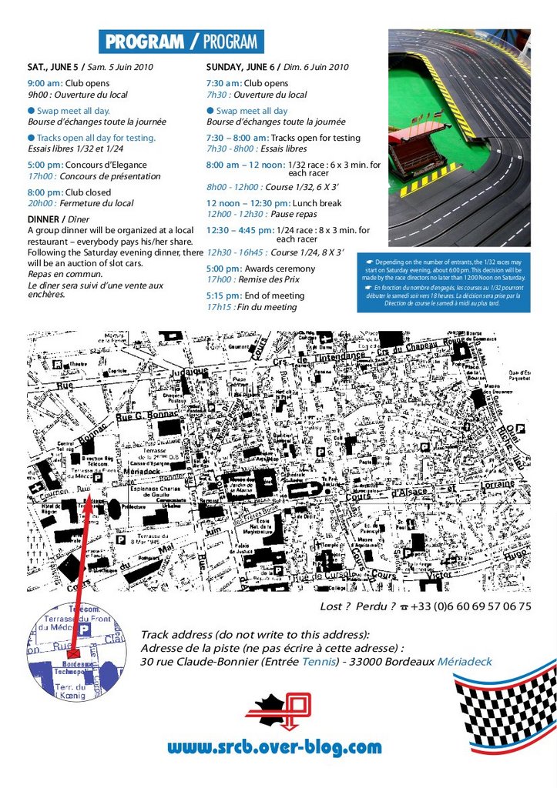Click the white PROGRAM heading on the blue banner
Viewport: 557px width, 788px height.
click(x=144, y=42)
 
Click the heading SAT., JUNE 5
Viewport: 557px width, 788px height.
click(x=53, y=67)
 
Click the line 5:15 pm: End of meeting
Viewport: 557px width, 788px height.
click(x=255, y=295)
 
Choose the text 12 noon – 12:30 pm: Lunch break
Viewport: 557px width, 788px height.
click(x=273, y=203)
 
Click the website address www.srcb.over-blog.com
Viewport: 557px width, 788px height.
click(x=274, y=746)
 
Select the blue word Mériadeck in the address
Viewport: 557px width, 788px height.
click(x=465, y=662)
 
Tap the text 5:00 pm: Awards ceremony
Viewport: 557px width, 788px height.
click(x=260, y=269)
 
